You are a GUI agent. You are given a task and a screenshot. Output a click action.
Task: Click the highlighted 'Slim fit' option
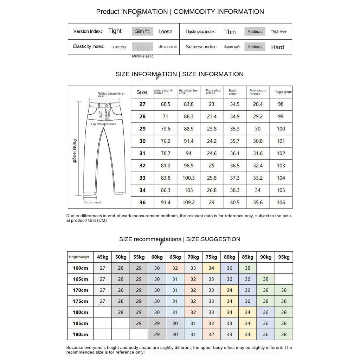click(142, 31)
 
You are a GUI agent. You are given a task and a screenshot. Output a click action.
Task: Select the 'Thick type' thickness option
click(278, 31)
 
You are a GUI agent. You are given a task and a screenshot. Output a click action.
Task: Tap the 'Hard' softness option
click(277, 47)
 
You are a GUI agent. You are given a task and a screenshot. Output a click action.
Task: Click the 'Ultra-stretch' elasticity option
click(168, 47)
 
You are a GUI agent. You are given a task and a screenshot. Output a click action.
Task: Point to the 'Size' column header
click(142, 92)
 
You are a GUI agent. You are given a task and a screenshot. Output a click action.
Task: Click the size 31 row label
click(142, 153)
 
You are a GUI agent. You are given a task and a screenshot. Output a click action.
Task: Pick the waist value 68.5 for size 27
click(166, 104)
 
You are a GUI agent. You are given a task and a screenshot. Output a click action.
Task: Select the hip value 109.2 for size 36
click(188, 202)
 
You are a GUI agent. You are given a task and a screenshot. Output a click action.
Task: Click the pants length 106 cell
click(281, 202)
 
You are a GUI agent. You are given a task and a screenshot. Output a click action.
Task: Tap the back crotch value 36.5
click(234, 166)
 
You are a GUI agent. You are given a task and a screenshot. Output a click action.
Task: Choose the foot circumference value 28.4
click(258, 104)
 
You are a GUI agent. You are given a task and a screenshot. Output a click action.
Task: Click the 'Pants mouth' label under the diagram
click(92, 202)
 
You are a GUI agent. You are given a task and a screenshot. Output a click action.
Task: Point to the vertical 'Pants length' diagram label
click(75, 151)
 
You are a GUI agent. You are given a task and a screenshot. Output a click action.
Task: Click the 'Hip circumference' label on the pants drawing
click(103, 124)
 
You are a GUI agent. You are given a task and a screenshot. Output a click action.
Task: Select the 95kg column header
click(284, 257)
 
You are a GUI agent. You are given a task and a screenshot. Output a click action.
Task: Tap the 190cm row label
click(80, 334)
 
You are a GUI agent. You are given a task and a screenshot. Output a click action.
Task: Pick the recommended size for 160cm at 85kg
click(247, 268)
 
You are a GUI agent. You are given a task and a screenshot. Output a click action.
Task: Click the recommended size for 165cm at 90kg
click(265, 279)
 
